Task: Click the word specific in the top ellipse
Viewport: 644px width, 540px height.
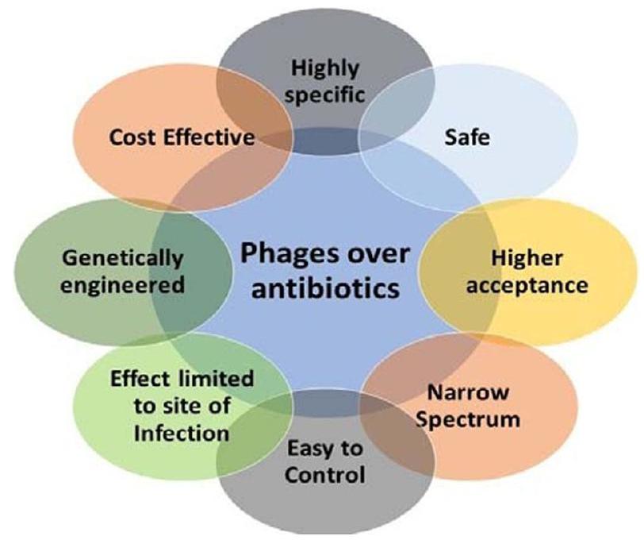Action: click(x=325, y=94)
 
